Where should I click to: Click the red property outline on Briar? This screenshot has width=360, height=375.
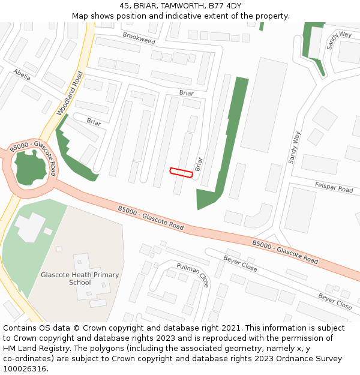[x=181, y=173]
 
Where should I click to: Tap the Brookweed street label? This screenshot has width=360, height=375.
[x=139, y=38]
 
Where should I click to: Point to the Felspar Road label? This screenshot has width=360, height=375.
[x=334, y=188]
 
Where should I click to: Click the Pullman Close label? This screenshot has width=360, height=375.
[x=193, y=275]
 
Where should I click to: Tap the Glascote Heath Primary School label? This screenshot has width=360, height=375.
[x=80, y=278]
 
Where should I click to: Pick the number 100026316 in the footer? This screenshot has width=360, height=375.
[x=25, y=369]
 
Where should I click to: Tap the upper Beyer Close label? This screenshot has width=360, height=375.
[x=240, y=263]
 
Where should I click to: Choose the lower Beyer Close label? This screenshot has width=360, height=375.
[x=335, y=301]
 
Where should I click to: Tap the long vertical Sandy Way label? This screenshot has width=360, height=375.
[x=294, y=148]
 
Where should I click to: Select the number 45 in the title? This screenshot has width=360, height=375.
[x=124, y=6]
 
